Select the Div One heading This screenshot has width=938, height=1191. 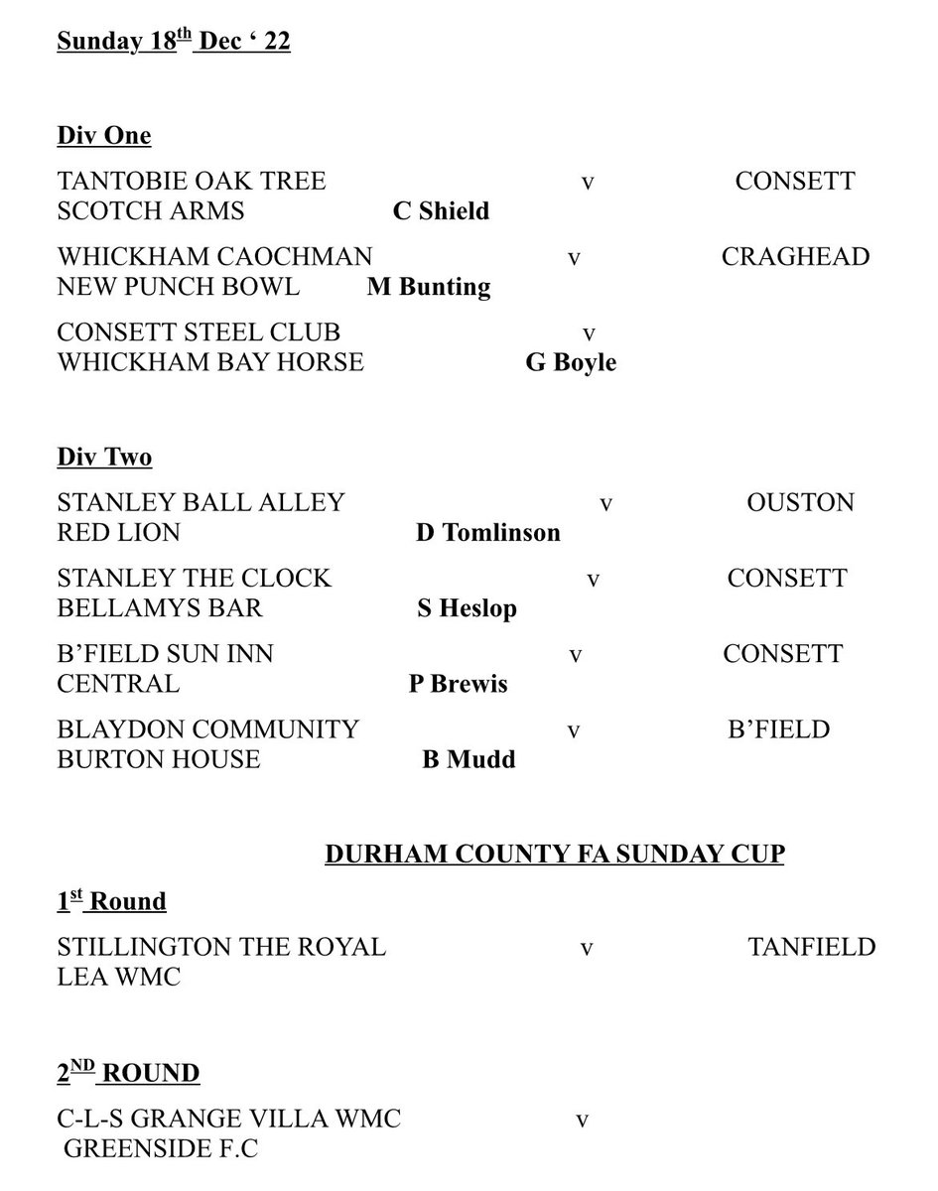(104, 136)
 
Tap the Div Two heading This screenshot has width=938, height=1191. (104, 457)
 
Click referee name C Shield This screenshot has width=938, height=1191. (441, 211)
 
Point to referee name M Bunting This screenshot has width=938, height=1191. (429, 287)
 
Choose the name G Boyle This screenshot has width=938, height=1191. (571, 362)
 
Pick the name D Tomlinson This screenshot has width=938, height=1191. (487, 533)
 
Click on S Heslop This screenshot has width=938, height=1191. (467, 608)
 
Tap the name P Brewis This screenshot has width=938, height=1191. (459, 684)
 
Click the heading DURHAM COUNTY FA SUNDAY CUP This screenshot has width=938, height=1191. (554, 855)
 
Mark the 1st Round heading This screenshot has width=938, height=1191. (111, 901)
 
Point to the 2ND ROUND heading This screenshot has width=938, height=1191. (128, 1073)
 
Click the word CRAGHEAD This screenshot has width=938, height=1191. (795, 257)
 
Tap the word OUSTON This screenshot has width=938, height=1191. (800, 502)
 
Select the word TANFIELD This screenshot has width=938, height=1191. (811, 947)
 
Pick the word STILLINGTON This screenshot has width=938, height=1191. (141, 947)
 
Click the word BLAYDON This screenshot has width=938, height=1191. (121, 729)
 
